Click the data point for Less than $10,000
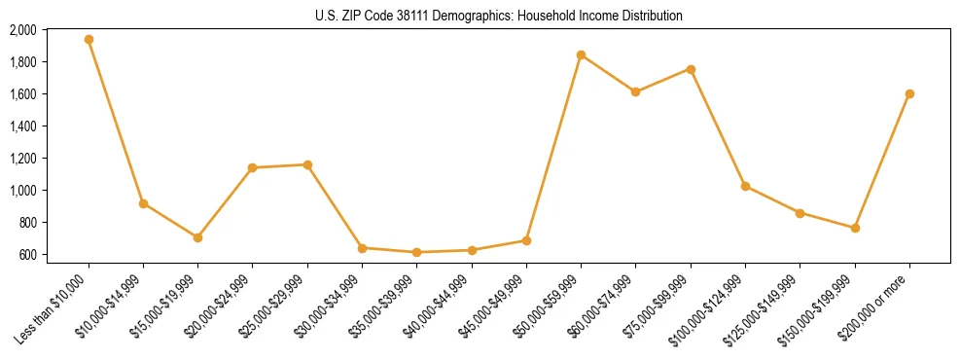point(89,40)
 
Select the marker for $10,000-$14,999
point(143,203)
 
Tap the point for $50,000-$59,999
point(581,54)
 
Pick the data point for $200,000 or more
point(909,93)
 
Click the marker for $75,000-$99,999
point(691,69)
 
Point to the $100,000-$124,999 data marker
point(745,186)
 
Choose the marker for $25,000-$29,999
point(307,164)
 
